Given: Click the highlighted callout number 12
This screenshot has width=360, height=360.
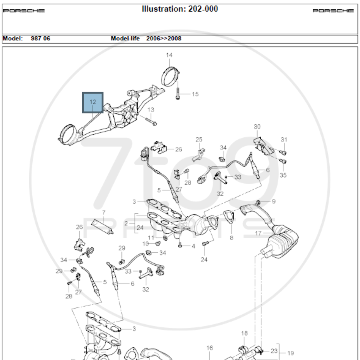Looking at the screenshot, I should pyautogui.click(x=93, y=102).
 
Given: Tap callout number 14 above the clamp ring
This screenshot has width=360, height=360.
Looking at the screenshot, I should pyautogui.click(x=169, y=55).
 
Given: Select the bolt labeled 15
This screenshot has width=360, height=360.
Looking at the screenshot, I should pyautogui.click(x=178, y=94).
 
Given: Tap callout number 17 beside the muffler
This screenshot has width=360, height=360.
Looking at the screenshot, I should pyautogui.click(x=258, y=233).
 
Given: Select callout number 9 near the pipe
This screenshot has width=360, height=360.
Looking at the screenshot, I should pyautogui.click(x=273, y=201).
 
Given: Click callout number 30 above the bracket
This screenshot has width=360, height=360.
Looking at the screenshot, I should pyautogui.click(x=257, y=127).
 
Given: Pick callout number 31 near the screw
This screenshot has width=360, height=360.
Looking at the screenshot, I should pyautogui.click(x=284, y=139).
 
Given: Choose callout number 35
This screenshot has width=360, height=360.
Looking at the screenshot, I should pyautogui.click(x=283, y=175).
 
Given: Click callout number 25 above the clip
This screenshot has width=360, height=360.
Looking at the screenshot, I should pyautogui.click(x=199, y=139).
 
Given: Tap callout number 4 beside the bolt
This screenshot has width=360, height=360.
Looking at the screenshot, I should pyautogui.click(x=193, y=246).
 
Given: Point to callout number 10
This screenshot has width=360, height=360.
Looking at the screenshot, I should pyautogui.click(x=145, y=244).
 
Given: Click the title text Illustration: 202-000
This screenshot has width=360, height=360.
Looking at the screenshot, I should pyautogui.click(x=180, y=9).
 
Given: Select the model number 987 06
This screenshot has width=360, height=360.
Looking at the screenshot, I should pyautogui.click(x=40, y=38).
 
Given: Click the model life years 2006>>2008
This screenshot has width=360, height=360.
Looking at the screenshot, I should pyautogui.click(x=163, y=38).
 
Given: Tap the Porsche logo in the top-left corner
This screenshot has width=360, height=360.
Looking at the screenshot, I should pyautogui.click(x=24, y=11).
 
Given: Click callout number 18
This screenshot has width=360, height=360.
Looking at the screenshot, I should pyautogui.click(x=244, y=333).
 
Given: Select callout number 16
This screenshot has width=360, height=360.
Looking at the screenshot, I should pyautogui.click(x=210, y=348).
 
